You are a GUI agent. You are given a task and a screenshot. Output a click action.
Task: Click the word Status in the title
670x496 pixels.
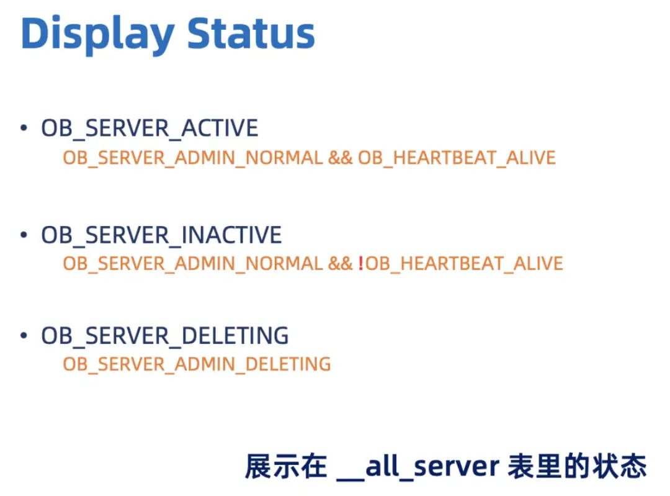click(251, 32)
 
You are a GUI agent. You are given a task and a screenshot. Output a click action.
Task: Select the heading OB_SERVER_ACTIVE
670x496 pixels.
click(150, 129)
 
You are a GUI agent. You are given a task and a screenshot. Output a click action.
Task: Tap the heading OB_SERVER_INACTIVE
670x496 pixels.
click(161, 235)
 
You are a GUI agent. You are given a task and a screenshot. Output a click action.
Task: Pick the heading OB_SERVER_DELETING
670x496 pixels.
click(165, 336)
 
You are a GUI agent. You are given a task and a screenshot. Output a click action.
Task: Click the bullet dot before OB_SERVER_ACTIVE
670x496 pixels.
click(24, 127)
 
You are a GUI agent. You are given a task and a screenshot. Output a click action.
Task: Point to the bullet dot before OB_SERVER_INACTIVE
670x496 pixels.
click(24, 234)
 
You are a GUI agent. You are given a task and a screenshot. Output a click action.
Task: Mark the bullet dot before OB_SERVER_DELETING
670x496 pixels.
click(24, 335)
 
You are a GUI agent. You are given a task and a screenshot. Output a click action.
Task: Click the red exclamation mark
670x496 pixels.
click(360, 263)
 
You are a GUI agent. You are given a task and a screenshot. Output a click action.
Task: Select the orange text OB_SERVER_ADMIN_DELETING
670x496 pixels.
click(197, 365)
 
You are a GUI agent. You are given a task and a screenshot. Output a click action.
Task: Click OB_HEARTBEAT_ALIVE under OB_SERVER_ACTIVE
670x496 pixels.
click(457, 158)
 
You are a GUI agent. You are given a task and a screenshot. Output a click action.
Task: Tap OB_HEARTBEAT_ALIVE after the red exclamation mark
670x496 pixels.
click(465, 264)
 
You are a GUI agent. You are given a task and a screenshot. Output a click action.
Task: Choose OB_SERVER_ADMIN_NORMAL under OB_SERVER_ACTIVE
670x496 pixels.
click(193, 158)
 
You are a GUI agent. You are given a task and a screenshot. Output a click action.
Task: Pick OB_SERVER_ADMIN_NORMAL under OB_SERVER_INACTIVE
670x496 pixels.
click(193, 264)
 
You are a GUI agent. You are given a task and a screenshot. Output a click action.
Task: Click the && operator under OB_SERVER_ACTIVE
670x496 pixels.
click(341, 158)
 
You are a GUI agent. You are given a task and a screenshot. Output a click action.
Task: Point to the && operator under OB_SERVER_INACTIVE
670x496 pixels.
click(341, 263)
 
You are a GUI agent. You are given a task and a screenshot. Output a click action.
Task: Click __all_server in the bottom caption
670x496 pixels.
click(418, 467)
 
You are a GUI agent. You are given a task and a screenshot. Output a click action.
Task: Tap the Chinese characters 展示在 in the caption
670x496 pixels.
click(286, 466)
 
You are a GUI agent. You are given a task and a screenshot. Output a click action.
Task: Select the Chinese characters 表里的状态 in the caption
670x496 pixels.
click(578, 466)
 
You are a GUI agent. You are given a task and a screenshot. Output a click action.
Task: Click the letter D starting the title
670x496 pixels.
click(34, 32)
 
